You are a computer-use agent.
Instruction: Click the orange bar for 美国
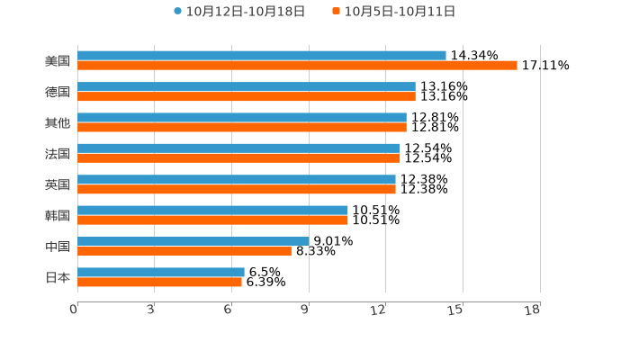(297, 66)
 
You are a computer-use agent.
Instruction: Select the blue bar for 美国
(261, 56)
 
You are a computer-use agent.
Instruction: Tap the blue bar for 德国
(246, 86)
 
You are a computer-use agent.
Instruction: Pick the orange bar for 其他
(241, 127)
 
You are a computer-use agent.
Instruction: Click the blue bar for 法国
(238, 148)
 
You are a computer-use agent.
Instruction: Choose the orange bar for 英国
(236, 189)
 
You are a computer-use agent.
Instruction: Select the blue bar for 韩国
(212, 210)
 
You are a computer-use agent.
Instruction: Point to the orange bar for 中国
(184, 251)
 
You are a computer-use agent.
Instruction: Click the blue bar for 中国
(193, 241)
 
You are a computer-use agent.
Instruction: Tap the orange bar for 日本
(159, 282)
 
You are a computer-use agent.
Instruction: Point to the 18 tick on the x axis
(532, 310)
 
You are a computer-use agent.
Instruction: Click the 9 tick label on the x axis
(305, 310)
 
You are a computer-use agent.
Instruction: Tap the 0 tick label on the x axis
(74, 310)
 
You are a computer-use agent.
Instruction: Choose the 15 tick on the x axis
(455, 310)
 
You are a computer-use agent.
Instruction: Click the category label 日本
(58, 277)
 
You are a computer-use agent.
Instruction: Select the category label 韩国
(58, 215)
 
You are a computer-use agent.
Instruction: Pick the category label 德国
(58, 92)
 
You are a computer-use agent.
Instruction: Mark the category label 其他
(58, 122)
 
